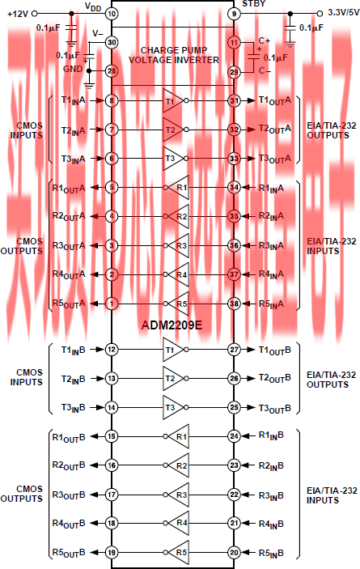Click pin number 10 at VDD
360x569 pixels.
click(112, 14)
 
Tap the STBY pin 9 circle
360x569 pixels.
click(234, 14)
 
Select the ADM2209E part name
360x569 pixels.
click(172, 325)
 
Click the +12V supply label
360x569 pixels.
click(18, 14)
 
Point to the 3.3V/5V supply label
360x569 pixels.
click(344, 12)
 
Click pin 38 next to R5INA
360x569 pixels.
click(234, 304)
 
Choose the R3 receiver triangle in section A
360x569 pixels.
click(178, 246)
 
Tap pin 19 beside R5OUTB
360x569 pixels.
click(112, 552)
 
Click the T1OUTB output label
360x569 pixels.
click(274, 350)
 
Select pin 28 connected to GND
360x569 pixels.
click(112, 70)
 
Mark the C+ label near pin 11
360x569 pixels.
click(265, 40)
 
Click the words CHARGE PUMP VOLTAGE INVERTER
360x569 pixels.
click(174, 55)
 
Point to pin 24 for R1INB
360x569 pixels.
click(234, 435)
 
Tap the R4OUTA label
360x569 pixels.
click(69, 274)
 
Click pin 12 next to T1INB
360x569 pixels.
click(112, 350)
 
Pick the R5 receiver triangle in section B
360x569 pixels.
click(178, 552)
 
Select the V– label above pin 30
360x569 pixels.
click(98, 34)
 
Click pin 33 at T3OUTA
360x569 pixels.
click(234, 158)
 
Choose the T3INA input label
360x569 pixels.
click(74, 159)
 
